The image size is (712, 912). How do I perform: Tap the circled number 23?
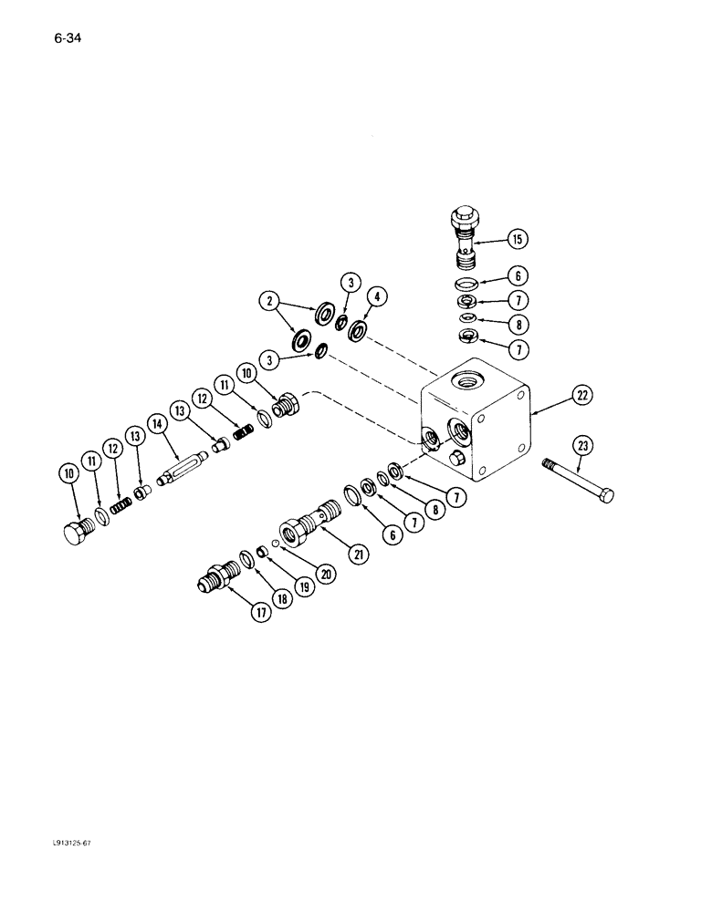coord(582,445)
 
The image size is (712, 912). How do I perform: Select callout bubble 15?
coord(517,240)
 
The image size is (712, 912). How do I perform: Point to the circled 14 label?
coord(157,423)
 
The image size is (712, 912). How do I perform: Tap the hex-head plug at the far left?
coord(75,534)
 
